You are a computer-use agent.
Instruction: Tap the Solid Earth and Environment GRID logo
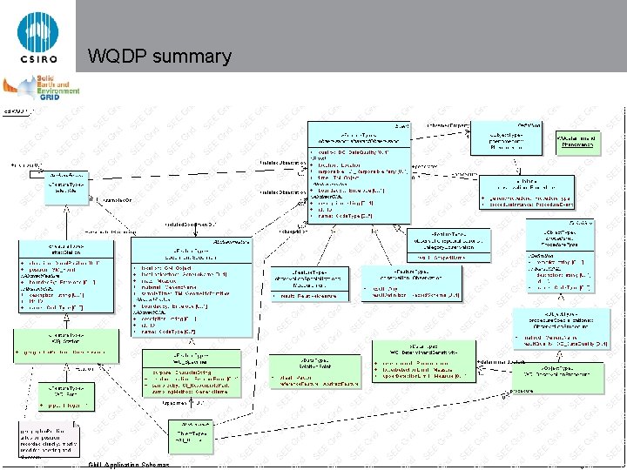click(42, 91)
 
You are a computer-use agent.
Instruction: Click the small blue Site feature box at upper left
click(67, 185)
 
